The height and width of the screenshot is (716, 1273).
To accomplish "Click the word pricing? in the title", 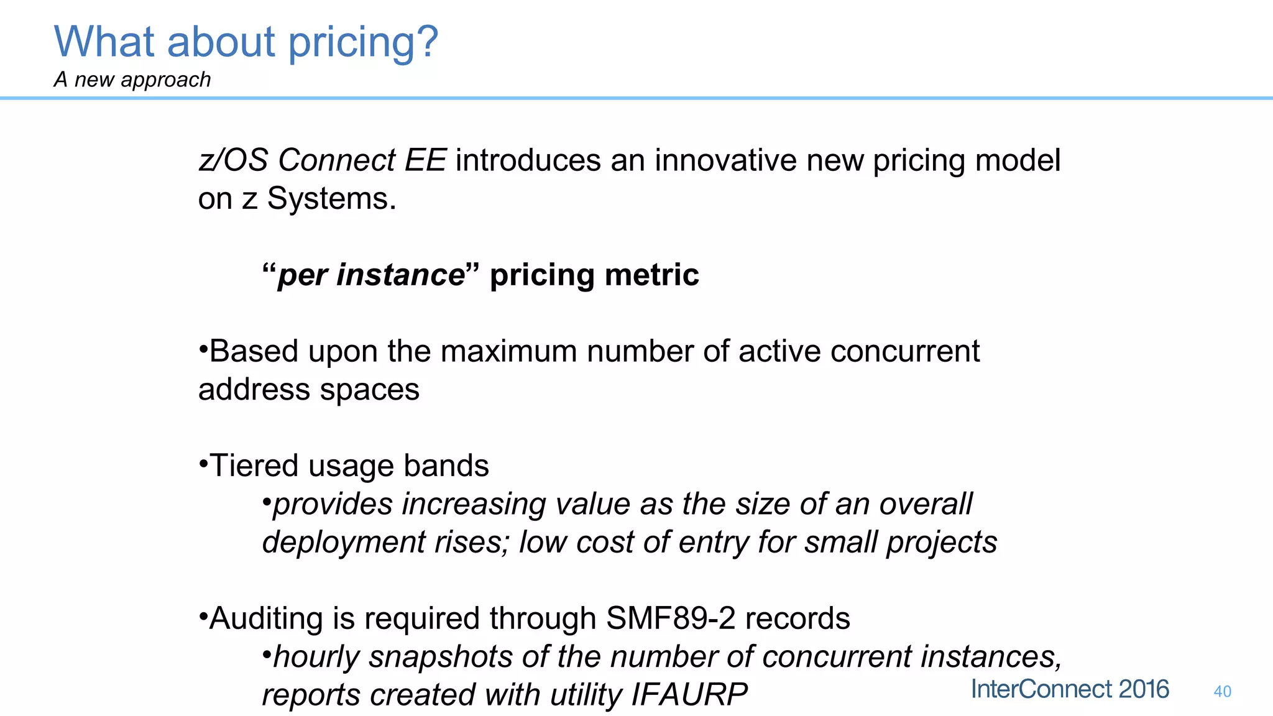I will click(364, 42).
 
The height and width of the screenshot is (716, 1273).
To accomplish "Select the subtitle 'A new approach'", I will click(132, 80).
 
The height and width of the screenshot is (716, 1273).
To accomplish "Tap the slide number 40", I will click(1222, 691).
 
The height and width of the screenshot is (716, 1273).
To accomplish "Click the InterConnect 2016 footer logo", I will click(1070, 689).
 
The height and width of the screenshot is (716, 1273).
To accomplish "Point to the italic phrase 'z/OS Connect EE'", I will click(322, 160).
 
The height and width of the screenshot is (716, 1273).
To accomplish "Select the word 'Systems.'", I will click(331, 199).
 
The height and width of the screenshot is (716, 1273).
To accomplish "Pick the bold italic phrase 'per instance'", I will click(370, 275).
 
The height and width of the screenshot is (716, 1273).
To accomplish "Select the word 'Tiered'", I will click(254, 466).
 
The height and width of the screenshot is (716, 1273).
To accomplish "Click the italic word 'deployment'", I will click(344, 542).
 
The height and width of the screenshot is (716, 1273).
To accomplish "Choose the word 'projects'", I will click(941, 542).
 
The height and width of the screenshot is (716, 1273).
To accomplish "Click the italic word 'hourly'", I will click(316, 657).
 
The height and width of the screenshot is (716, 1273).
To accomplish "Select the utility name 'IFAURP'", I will click(689, 695).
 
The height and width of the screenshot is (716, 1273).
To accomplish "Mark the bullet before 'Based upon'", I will click(203, 348).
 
